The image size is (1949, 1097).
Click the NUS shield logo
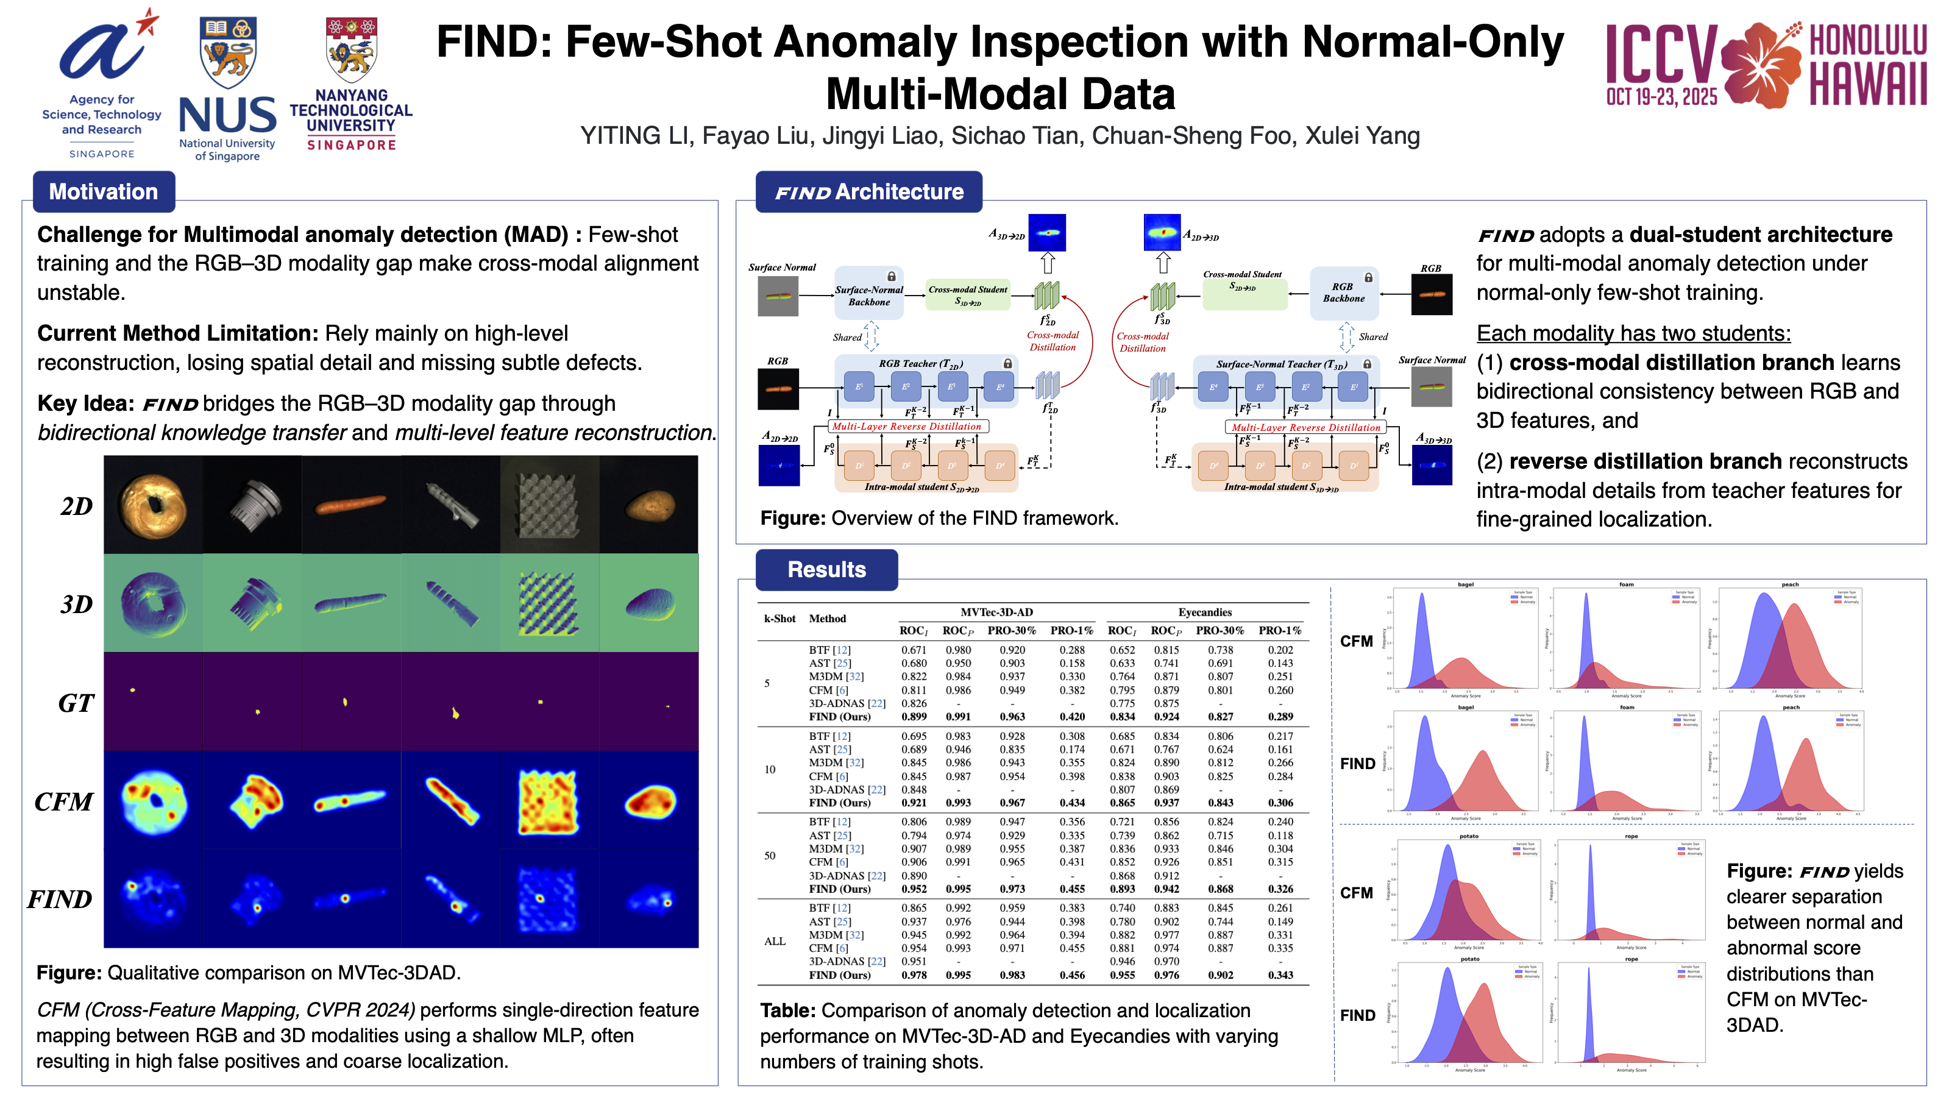pos(228,51)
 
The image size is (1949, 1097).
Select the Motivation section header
pos(104,191)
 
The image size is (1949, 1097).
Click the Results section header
pos(826,569)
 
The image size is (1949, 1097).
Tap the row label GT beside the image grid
pos(76,703)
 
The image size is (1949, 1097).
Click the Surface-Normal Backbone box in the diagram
pos(868,296)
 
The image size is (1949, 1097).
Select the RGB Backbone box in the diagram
pos(1343,293)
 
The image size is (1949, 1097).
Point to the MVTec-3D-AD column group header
pos(996,612)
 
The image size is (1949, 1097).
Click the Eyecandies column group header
pos(1204,612)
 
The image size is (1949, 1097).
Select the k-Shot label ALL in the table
pos(775,941)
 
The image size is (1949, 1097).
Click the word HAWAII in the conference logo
pos(1867,84)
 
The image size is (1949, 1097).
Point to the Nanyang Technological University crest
pos(351,50)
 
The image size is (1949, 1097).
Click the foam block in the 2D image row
pos(548,504)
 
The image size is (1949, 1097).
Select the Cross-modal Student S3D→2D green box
pos(968,296)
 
